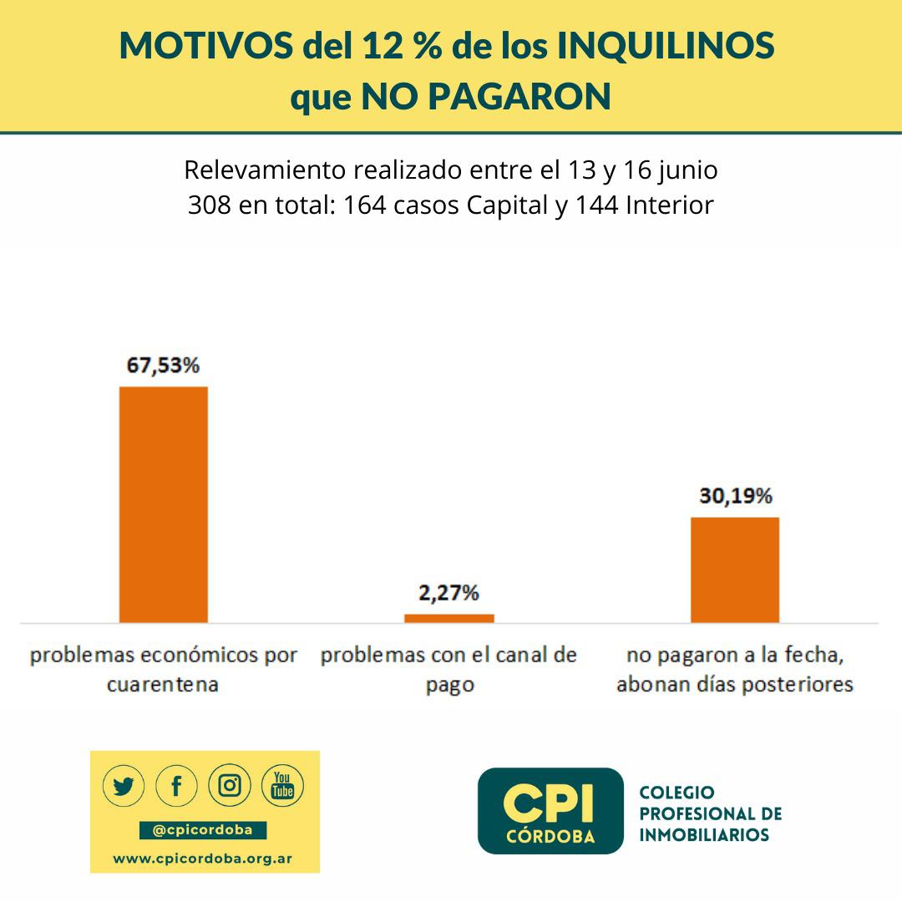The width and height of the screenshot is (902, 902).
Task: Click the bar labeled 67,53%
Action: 164,504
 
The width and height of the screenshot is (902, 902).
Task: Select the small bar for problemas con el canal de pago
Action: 449,618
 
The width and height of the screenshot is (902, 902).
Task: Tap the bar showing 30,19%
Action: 734,570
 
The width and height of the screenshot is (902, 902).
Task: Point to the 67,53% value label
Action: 164,366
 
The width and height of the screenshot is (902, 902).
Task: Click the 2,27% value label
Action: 449,593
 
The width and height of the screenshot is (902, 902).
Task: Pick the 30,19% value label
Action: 735,496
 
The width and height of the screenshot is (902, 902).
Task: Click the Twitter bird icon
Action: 124,786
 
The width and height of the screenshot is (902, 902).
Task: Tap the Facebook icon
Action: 177,786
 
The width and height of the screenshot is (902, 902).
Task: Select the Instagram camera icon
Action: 230,786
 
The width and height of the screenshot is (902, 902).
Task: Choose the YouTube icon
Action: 283,786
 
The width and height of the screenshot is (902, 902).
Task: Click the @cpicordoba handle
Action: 204,830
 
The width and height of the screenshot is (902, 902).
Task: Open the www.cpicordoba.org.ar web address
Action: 204,858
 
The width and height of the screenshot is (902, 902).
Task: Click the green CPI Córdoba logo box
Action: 550,811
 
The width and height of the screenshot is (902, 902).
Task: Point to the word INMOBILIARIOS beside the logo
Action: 703,834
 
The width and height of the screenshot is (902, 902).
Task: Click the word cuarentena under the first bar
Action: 163,685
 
